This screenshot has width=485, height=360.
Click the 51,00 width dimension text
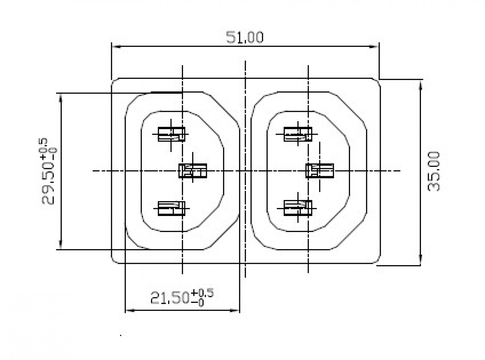click(245, 37)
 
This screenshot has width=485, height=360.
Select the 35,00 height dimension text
click(434, 172)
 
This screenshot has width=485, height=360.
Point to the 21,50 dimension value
click(170, 298)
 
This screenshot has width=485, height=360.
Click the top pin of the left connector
click(171, 134)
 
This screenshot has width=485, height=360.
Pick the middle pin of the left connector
click(193, 171)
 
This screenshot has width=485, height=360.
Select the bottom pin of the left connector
click(171, 208)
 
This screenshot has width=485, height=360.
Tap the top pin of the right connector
click(298, 134)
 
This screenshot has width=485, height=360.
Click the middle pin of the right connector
click(320, 171)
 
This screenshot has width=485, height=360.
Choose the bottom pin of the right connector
click(298, 208)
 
